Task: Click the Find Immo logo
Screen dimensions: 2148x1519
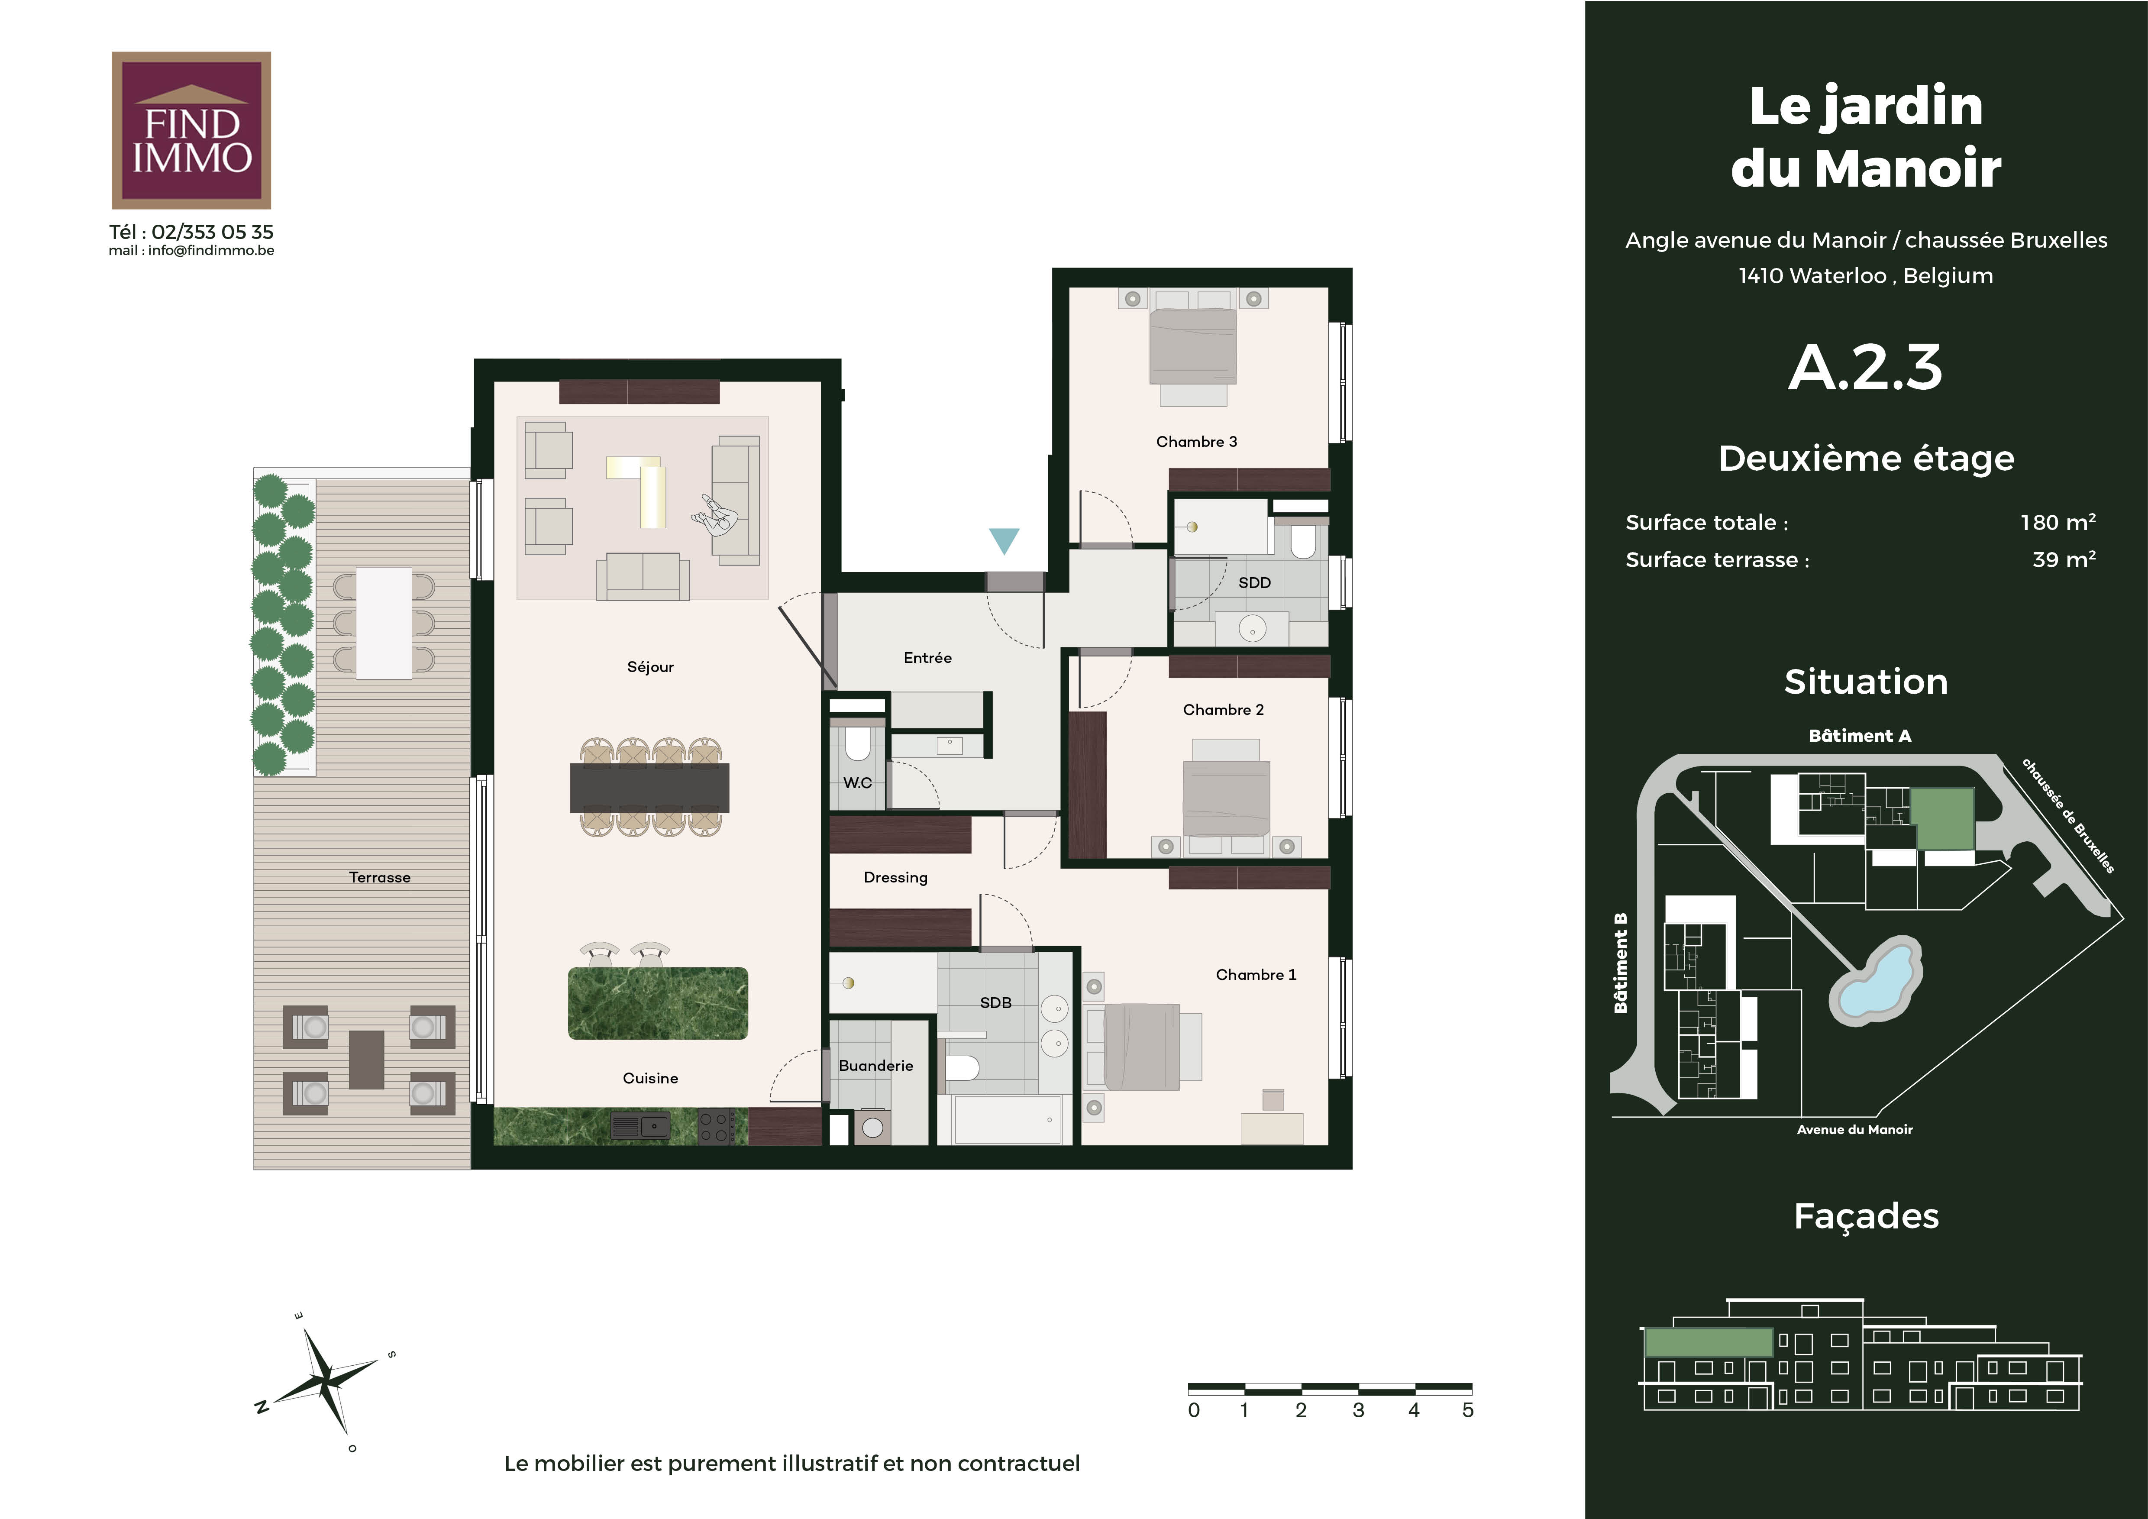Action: [191, 130]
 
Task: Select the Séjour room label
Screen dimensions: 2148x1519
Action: [650, 667]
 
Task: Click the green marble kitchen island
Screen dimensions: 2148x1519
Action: [658, 1003]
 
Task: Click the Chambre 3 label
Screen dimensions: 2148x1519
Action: [1197, 442]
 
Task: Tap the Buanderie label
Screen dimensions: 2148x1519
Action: [875, 1065]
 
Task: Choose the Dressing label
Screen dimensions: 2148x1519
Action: [895, 877]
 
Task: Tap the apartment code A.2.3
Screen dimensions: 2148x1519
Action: [1865, 368]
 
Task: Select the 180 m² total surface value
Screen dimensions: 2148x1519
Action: [2057, 522]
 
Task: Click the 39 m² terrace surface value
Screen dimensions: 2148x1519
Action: [2064, 559]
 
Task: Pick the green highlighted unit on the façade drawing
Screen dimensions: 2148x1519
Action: [1708, 1343]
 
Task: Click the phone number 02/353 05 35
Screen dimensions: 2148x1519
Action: [212, 232]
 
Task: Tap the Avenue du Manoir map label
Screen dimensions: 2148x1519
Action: [1854, 1130]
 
